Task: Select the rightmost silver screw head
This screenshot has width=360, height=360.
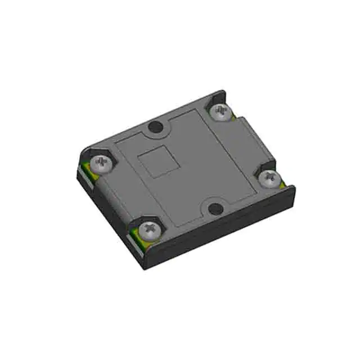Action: coord(269,177)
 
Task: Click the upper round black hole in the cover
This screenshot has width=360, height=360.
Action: coord(153,129)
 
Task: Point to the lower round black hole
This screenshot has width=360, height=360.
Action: coord(214,209)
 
